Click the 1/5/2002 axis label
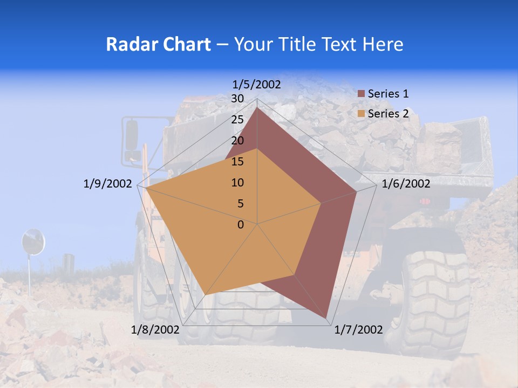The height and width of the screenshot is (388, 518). [x=257, y=84]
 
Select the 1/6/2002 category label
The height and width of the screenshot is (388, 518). [x=406, y=184]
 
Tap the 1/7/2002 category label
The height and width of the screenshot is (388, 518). [x=358, y=330]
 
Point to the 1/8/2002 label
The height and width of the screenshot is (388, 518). [x=155, y=330]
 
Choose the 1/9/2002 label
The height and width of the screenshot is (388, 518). [x=107, y=184]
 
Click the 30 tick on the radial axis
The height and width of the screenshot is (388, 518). [x=237, y=99]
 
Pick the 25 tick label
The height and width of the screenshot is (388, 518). [x=237, y=120]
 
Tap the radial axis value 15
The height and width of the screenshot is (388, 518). [x=237, y=162]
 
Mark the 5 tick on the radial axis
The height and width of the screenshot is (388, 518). [x=240, y=204]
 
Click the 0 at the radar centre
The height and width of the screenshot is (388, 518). [x=241, y=225]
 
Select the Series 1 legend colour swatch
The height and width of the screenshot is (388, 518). [x=362, y=94]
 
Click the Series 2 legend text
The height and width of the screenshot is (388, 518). [x=388, y=114]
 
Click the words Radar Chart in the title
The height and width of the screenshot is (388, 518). [x=158, y=44]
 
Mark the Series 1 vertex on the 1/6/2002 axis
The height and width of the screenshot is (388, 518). [x=357, y=191]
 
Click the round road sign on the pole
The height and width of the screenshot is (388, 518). [x=32, y=241]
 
